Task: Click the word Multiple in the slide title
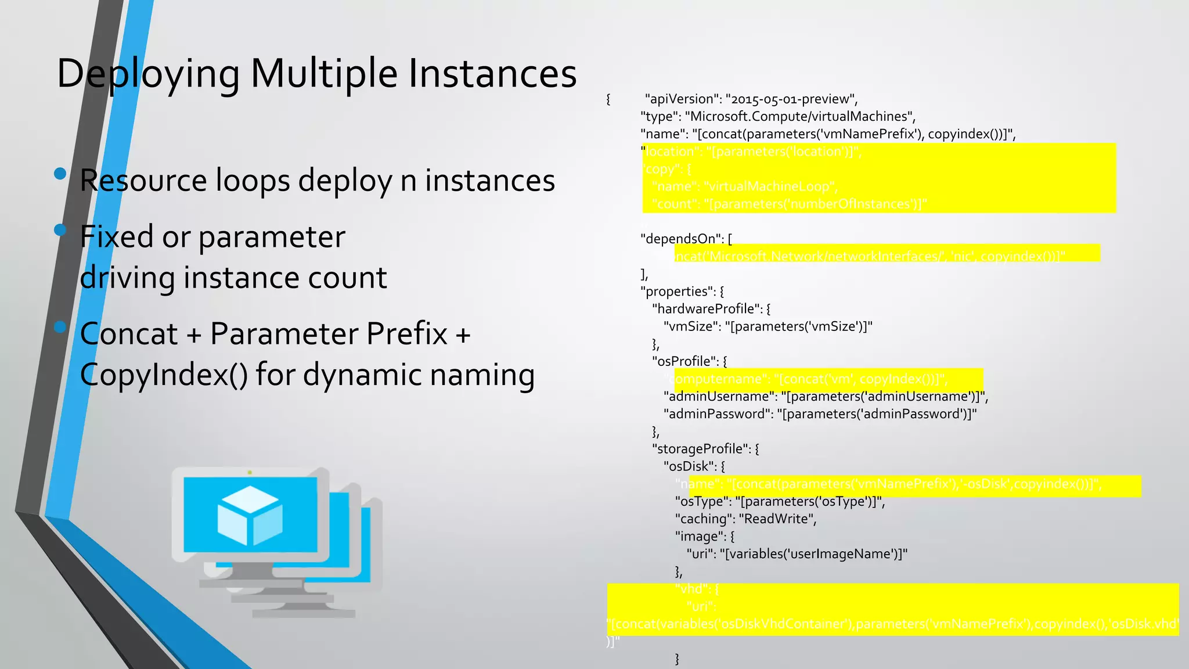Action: pyautogui.click(x=323, y=74)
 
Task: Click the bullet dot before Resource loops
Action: pyautogui.click(x=60, y=173)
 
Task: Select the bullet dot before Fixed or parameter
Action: pyautogui.click(x=60, y=230)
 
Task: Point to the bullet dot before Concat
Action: pyautogui.click(x=60, y=327)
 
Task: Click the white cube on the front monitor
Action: pyautogui.click(x=250, y=515)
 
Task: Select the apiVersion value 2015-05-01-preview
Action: pyautogui.click(x=791, y=99)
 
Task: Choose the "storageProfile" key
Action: pyautogui.click(x=701, y=449)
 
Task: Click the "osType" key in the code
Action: pyautogui.click(x=701, y=502)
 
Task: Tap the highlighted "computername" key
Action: pyautogui.click(x=715, y=379)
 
